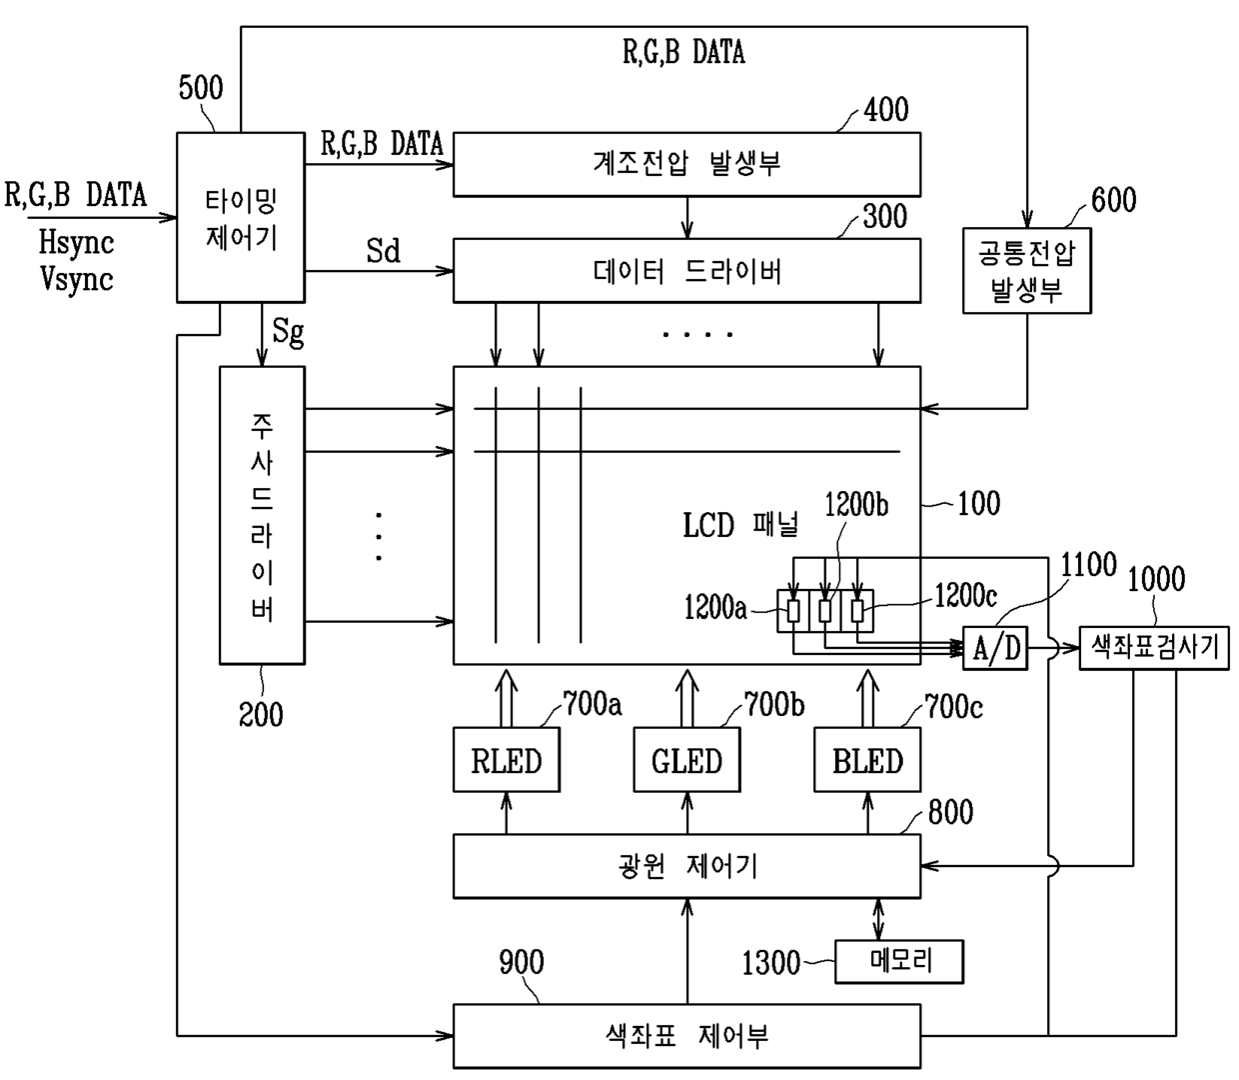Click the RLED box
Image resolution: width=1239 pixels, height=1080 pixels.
(507, 759)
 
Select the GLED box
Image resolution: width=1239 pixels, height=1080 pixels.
(686, 759)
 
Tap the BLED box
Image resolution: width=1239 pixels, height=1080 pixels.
(867, 759)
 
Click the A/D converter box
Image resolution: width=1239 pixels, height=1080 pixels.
(995, 648)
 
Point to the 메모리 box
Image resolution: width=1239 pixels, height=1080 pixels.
(899, 962)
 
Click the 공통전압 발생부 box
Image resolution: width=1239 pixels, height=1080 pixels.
(1027, 270)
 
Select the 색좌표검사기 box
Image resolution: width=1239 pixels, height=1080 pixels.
(1154, 648)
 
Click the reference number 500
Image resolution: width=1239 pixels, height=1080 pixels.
(201, 88)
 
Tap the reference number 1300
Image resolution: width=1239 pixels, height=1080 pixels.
(771, 962)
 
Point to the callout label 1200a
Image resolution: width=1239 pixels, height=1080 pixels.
(715, 607)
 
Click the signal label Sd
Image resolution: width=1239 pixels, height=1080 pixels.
(384, 250)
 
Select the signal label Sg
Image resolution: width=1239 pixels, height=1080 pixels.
(288, 333)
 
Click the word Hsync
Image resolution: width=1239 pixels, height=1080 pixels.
(76, 242)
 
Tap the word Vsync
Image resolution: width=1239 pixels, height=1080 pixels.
(77, 279)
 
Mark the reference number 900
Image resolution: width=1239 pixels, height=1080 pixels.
(522, 962)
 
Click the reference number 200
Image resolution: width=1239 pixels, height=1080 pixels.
(261, 714)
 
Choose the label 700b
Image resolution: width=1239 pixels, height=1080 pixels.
(774, 705)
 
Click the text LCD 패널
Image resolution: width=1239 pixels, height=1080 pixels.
(740, 525)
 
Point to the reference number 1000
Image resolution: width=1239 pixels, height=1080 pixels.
(1156, 579)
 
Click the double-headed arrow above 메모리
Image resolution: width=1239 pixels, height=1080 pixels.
(878, 919)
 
